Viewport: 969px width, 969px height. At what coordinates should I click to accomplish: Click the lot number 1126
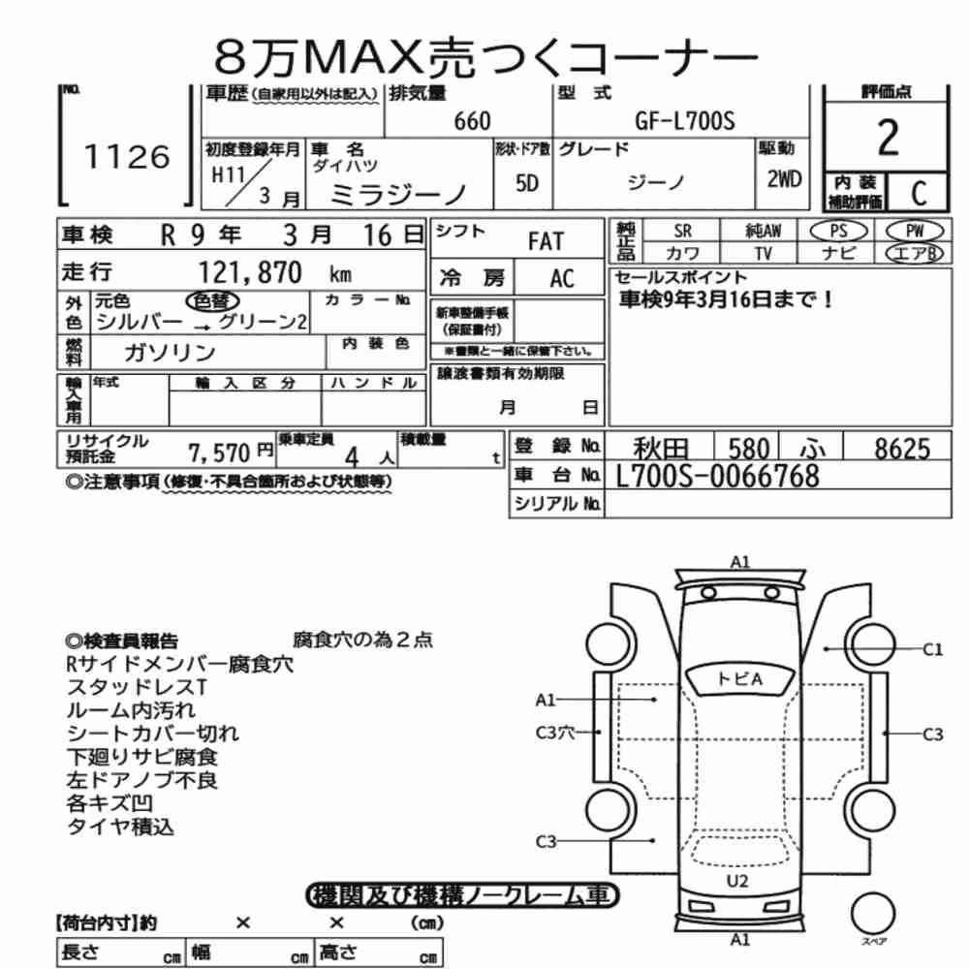(127, 157)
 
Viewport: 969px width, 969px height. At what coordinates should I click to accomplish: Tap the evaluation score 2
(888, 138)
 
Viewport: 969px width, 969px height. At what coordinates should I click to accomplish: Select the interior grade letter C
(919, 194)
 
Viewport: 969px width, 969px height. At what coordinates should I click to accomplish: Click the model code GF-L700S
(685, 120)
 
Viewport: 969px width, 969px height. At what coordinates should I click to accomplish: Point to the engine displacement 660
(472, 121)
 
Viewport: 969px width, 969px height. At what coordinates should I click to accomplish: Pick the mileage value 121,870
(250, 272)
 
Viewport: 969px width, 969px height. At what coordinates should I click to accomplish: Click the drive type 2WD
(784, 179)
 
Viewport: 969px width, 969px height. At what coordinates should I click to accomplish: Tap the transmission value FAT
(546, 241)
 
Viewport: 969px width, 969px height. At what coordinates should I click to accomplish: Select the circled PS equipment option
(838, 232)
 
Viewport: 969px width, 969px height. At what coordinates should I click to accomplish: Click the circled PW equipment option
(915, 232)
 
